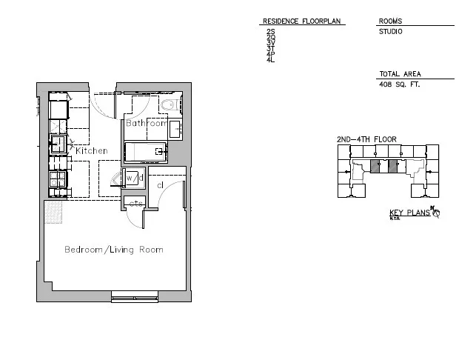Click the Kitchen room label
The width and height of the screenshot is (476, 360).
[91, 151]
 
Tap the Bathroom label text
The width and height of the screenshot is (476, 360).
[145, 123]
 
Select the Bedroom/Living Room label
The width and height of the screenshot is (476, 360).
[113, 250]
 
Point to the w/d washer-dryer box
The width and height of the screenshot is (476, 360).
[133, 179]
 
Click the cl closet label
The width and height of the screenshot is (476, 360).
[160, 185]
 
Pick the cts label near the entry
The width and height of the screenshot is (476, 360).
[135, 204]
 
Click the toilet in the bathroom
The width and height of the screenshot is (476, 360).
[170, 105]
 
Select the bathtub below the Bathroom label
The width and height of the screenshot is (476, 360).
[145, 152]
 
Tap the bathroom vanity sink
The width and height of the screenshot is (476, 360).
[175, 129]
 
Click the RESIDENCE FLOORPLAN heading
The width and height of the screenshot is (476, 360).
[301, 21]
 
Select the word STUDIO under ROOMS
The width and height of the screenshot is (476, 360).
[390, 32]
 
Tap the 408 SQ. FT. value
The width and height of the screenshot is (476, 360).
[399, 85]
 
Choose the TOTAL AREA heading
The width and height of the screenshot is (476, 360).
[400, 75]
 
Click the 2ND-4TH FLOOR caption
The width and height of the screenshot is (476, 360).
[366, 139]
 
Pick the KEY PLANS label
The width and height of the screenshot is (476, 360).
[409, 214]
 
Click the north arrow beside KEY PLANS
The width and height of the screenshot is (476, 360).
[435, 213]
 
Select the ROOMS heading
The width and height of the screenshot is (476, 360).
[390, 21]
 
